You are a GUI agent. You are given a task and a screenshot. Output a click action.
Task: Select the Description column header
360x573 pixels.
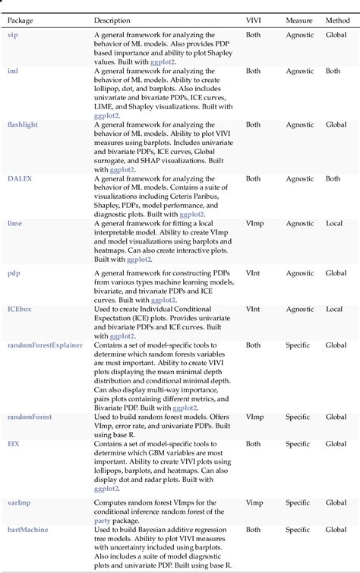click(x=112, y=20)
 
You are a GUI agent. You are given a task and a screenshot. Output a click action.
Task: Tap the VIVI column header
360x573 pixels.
click(x=254, y=20)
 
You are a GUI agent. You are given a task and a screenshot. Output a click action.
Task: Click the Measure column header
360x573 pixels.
click(x=298, y=20)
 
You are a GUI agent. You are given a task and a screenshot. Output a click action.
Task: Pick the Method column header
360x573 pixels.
click(x=338, y=20)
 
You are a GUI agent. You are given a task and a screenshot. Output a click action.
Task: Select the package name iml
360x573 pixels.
click(x=12, y=71)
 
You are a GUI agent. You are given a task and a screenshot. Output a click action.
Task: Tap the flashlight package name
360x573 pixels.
click(x=23, y=124)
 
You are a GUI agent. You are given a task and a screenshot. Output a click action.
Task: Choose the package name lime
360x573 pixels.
click(x=14, y=224)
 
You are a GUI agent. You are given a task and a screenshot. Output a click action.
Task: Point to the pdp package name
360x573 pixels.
click(x=14, y=272)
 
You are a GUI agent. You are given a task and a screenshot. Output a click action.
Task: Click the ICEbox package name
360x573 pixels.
click(x=21, y=309)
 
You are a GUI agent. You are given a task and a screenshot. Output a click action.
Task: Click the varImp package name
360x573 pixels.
click(x=19, y=502)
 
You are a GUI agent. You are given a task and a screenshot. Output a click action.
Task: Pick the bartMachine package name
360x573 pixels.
click(x=27, y=529)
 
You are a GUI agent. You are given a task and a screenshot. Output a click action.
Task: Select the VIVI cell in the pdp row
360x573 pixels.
click(x=253, y=272)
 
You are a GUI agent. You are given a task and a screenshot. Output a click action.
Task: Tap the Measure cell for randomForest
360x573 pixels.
click(x=298, y=417)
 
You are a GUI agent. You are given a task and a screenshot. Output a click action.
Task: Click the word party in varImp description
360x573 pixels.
click(x=104, y=521)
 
